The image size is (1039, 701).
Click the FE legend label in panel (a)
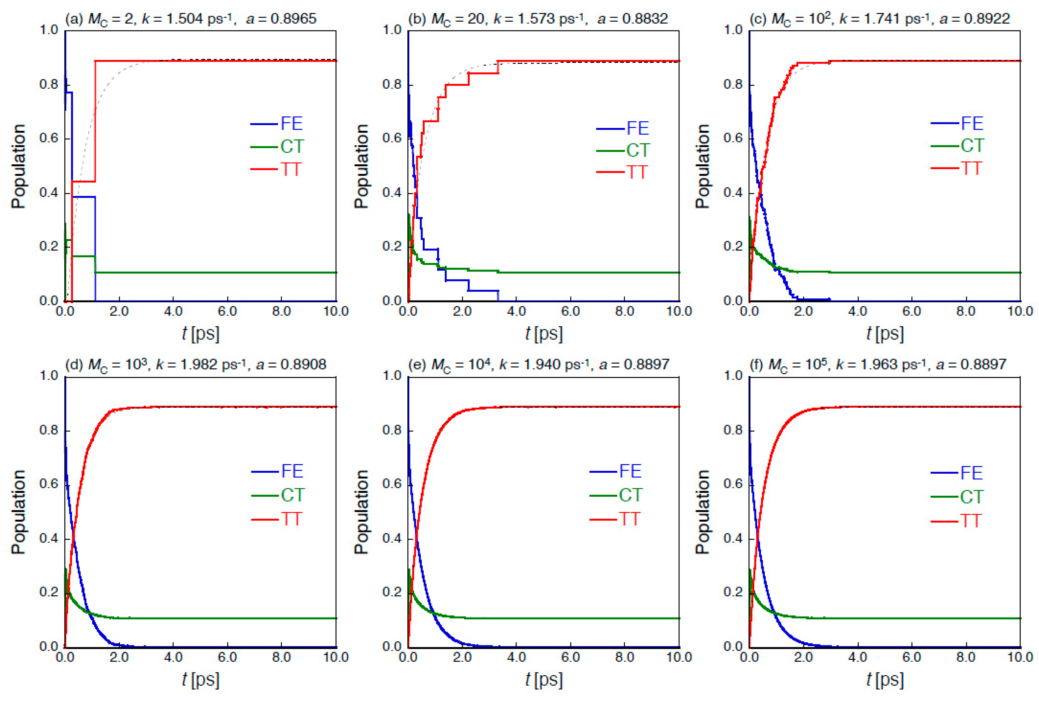click(x=292, y=123)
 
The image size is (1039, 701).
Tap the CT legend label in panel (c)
click(x=972, y=146)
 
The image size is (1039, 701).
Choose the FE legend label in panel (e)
click(x=630, y=471)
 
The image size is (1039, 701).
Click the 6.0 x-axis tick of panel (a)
click(x=227, y=311)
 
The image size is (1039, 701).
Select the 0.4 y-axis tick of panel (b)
click(x=392, y=193)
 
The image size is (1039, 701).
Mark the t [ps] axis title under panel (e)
click(x=544, y=680)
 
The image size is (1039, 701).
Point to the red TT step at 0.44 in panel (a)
click(x=84, y=181)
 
